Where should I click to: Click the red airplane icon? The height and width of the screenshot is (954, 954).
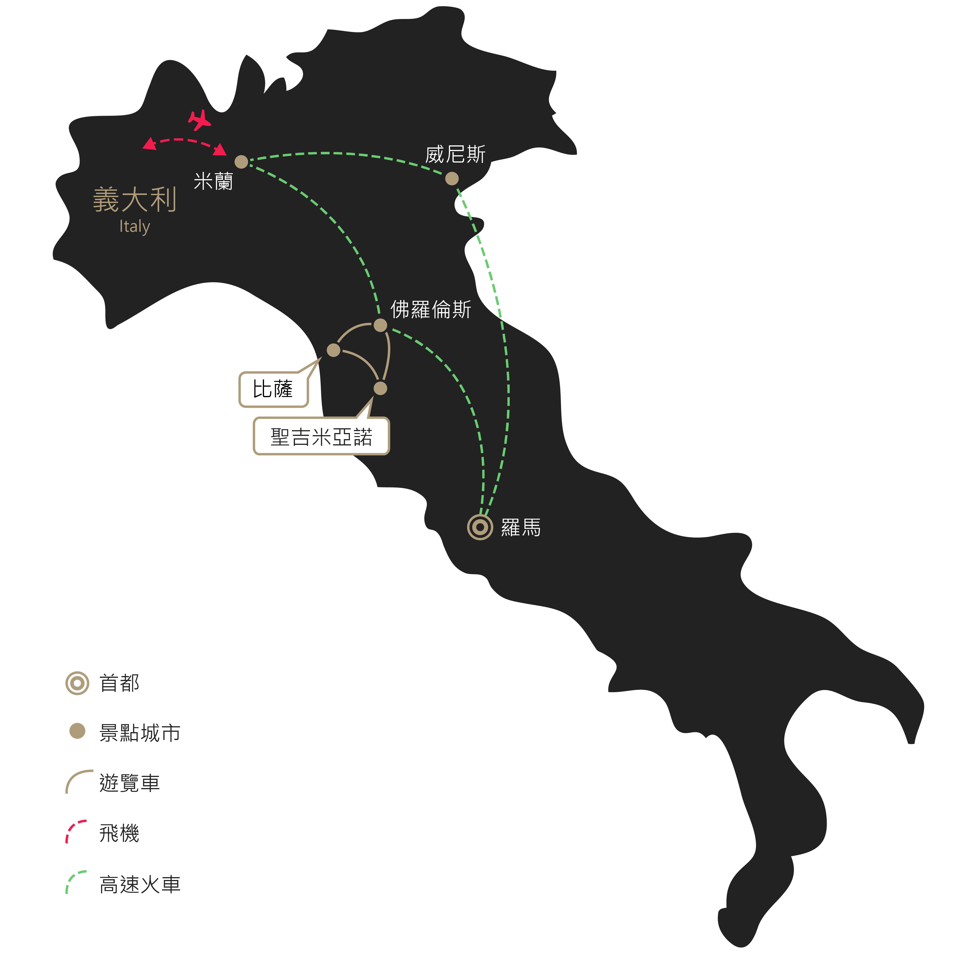(x=200, y=120)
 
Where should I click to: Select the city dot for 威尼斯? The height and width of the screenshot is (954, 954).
(x=452, y=178)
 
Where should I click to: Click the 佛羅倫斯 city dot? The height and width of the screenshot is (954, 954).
(x=380, y=325)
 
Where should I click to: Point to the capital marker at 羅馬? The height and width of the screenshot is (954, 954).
(x=480, y=527)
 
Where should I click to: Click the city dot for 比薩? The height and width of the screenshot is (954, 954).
(x=334, y=350)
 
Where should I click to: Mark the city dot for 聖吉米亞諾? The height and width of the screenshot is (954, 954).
(x=380, y=388)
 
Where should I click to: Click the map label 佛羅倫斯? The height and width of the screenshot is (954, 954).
(x=431, y=310)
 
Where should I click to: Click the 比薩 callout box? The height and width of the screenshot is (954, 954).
(x=274, y=389)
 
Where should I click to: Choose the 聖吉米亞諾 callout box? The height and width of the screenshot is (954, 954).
(x=321, y=436)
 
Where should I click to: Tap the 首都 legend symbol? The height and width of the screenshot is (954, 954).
(x=77, y=683)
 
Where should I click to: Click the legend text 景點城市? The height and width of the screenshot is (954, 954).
(x=140, y=733)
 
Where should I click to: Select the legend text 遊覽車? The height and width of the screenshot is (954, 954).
(x=129, y=783)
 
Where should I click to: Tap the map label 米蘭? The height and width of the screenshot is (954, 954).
(x=213, y=182)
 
